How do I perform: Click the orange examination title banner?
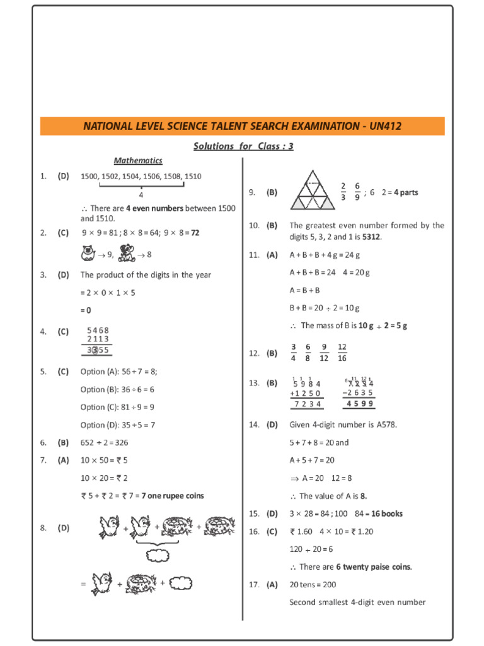point(242,126)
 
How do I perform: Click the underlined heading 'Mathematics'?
point(138,161)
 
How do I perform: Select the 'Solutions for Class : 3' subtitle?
point(243,146)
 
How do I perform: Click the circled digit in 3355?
point(94,350)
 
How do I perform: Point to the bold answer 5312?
point(371,237)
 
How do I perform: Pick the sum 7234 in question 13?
point(308,404)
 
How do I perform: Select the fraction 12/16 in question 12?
point(342,353)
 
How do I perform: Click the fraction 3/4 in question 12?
point(293,353)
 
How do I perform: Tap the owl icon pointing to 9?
point(88,254)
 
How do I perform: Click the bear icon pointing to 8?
point(126,254)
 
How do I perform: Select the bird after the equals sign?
point(101,584)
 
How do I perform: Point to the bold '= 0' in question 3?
point(86,310)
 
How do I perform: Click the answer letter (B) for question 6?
point(63,443)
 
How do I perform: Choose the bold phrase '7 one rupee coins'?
point(172,496)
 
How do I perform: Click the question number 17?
point(254,585)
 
